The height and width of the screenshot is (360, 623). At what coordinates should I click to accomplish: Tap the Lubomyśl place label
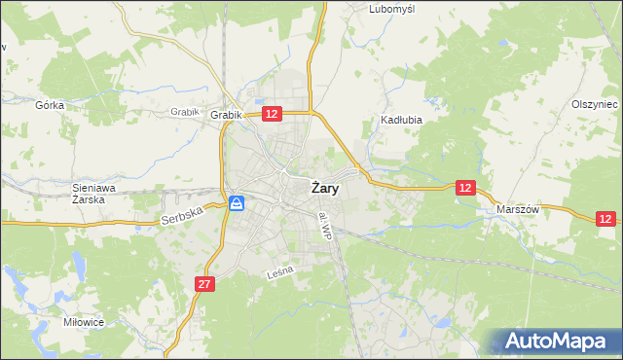tap(392, 9)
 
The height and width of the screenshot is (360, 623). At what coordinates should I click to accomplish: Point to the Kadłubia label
tap(399, 122)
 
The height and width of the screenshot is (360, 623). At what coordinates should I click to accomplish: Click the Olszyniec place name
tap(595, 104)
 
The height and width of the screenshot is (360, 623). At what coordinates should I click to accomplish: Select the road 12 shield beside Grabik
tap(272, 115)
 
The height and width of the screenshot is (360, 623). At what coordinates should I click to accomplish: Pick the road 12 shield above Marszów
tap(466, 188)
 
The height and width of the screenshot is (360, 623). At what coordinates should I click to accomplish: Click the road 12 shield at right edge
tap(605, 220)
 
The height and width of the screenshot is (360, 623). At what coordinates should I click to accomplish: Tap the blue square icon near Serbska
tap(237, 203)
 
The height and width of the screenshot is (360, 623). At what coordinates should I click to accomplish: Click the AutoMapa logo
tap(555, 342)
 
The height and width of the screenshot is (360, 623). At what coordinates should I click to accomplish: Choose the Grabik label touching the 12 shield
tap(225, 116)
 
